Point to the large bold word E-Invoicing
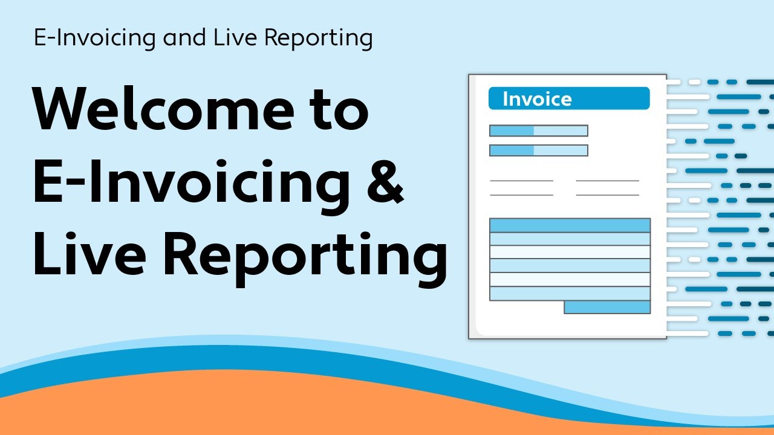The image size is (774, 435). (x=190, y=182)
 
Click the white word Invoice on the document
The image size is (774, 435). (x=537, y=99)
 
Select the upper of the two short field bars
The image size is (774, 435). (x=538, y=130)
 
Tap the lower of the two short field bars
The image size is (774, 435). (x=538, y=150)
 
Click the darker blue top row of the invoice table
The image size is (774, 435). (x=570, y=225)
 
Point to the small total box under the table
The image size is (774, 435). (x=607, y=308)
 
